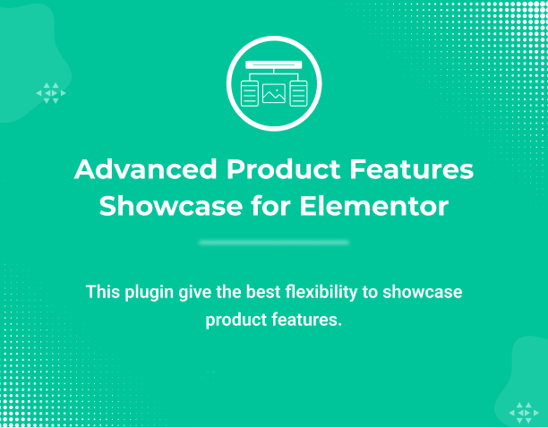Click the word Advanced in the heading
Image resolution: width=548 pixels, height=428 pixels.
pyautogui.click(x=144, y=170)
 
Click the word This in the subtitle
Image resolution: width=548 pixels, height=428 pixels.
pyautogui.click(x=102, y=292)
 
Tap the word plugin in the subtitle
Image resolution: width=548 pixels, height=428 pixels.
pyautogui.click(x=149, y=292)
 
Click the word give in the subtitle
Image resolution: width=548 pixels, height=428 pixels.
pyautogui.click(x=194, y=292)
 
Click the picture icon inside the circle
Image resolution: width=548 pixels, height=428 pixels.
pyautogui.click(x=273, y=92)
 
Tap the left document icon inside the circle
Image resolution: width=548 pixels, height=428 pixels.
pyautogui.click(x=250, y=92)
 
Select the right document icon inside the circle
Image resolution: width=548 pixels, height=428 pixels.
pyautogui.click(x=297, y=92)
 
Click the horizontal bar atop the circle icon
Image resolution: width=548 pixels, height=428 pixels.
pyautogui.click(x=273, y=65)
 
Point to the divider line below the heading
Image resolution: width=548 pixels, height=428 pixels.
pyautogui.click(x=274, y=243)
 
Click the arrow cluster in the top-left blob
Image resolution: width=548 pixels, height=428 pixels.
pyautogui.click(x=50, y=93)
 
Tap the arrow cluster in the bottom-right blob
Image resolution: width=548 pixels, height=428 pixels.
pyautogui.click(x=521, y=412)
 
